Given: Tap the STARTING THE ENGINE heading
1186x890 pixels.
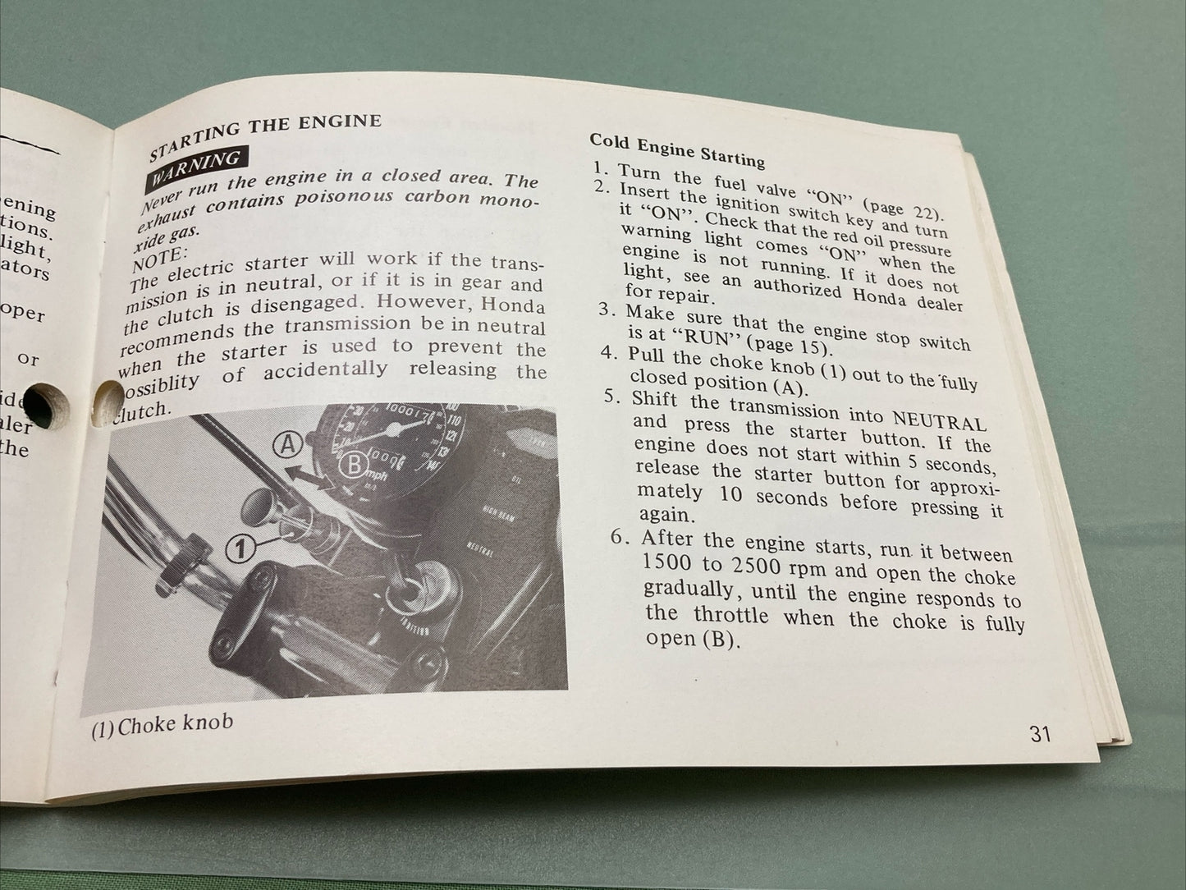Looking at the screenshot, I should point(264,135).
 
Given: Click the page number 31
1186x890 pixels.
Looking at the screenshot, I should point(1040,733).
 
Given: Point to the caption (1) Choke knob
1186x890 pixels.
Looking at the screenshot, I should point(163,725).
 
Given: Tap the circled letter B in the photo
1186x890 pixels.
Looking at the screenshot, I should point(354,465).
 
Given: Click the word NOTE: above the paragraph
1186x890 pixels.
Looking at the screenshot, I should point(159,247).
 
